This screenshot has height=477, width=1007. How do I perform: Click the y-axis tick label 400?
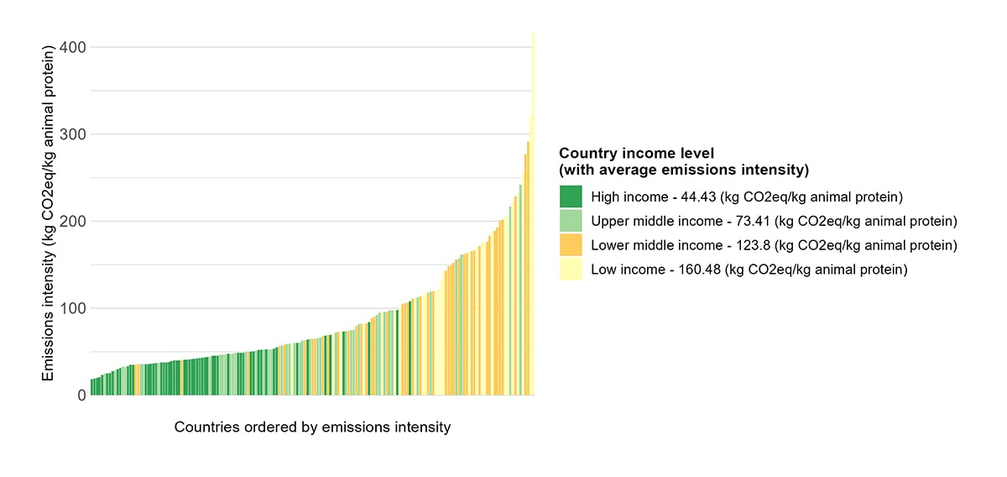coord(73,47)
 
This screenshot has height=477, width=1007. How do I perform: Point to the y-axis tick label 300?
coord(73,134)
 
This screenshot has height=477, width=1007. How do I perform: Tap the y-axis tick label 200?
coord(73,221)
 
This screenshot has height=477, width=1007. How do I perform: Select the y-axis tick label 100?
coord(73,308)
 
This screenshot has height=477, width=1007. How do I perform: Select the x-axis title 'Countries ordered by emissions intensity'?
coord(312,427)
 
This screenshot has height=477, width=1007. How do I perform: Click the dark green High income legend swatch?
coord(571,197)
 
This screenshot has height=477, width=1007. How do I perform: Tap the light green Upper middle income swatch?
coord(571,221)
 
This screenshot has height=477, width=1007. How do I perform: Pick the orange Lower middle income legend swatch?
coord(571,245)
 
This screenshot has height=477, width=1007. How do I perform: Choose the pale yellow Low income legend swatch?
coord(571,270)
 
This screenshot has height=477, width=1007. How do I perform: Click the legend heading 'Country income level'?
coord(636,154)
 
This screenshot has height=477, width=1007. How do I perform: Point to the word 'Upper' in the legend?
coord(610,222)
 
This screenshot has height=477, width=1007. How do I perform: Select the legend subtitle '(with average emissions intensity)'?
coord(683,170)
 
